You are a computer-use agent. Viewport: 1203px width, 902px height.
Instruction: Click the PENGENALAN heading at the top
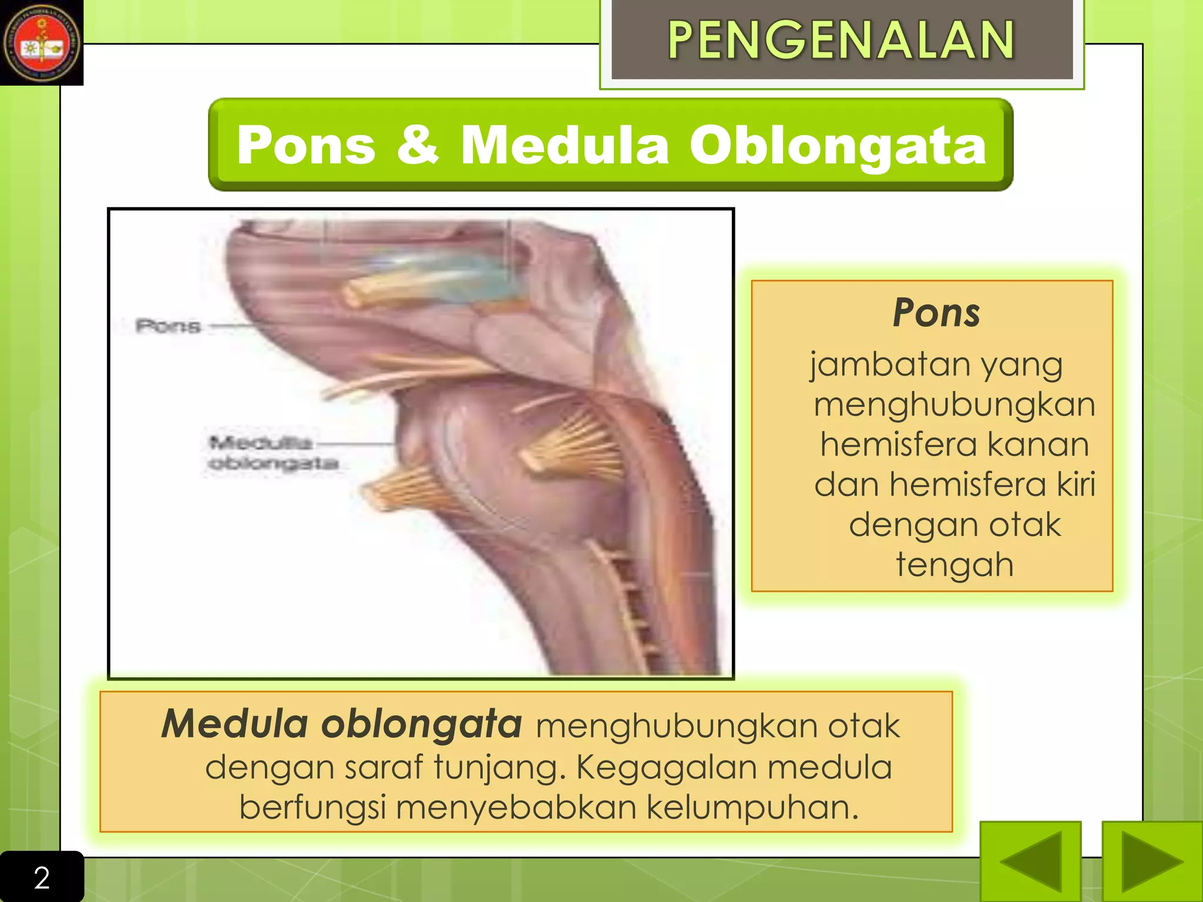point(841,40)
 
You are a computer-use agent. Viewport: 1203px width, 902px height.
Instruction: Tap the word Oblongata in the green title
point(838,145)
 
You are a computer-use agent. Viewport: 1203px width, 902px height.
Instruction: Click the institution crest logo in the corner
point(41,43)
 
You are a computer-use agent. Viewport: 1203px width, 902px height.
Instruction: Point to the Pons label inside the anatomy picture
point(168,325)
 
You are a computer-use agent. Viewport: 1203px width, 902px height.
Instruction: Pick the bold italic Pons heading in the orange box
point(936,312)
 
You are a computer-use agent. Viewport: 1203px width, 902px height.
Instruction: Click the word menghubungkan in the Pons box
point(955,405)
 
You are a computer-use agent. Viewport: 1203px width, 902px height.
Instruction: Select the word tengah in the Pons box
point(955,565)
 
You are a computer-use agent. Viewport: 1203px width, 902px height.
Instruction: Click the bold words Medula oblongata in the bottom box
point(341,723)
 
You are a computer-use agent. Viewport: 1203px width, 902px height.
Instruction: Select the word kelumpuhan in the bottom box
point(752,807)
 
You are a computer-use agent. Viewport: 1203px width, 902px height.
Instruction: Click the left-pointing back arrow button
point(1030,861)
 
